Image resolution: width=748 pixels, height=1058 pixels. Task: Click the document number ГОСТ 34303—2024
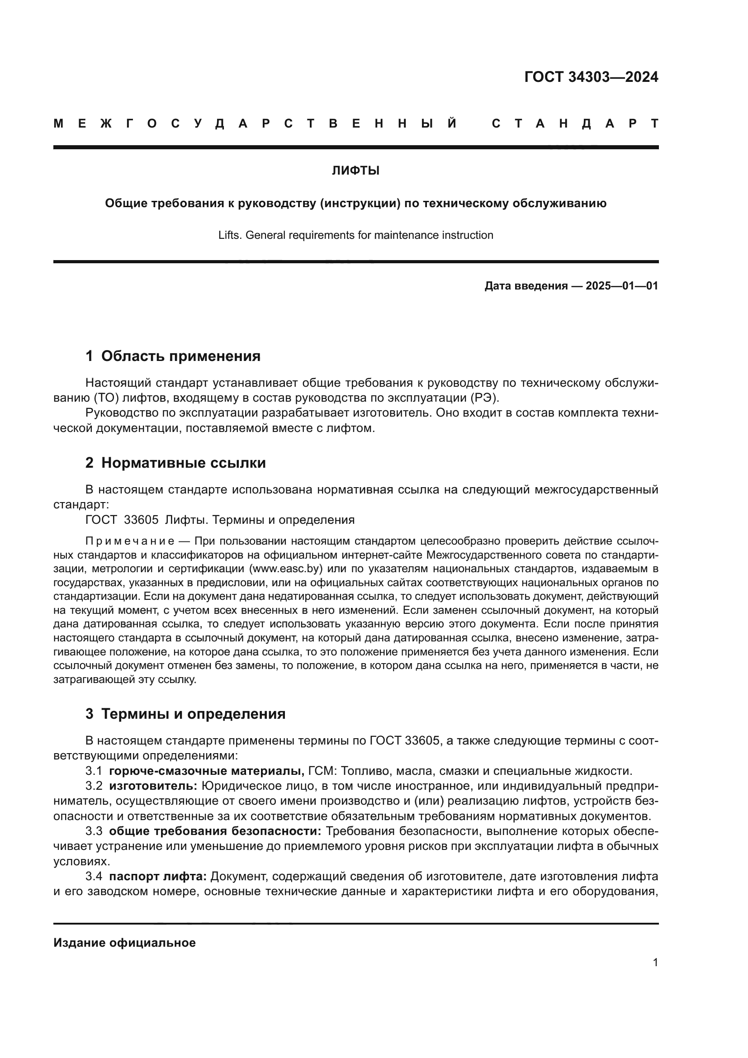tap(591, 77)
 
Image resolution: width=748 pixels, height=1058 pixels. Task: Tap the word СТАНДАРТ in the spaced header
tap(575, 124)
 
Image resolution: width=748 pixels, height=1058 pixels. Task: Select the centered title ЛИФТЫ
tap(355, 171)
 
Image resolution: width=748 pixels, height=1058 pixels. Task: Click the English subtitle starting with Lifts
tap(355, 235)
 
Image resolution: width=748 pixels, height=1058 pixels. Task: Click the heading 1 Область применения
tap(173, 356)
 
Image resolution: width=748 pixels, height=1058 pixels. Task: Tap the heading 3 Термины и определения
tap(185, 713)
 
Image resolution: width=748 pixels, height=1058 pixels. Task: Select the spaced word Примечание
tap(130, 541)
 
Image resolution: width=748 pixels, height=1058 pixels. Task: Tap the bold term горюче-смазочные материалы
tap(206, 771)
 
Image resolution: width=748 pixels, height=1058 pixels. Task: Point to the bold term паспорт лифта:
tap(158, 876)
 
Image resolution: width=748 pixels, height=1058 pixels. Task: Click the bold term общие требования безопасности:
tap(215, 831)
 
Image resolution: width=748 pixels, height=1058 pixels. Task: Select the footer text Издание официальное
tap(124, 942)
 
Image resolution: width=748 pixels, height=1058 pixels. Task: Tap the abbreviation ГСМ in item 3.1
tap(322, 771)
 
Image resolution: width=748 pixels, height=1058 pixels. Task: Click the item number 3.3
tap(94, 831)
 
